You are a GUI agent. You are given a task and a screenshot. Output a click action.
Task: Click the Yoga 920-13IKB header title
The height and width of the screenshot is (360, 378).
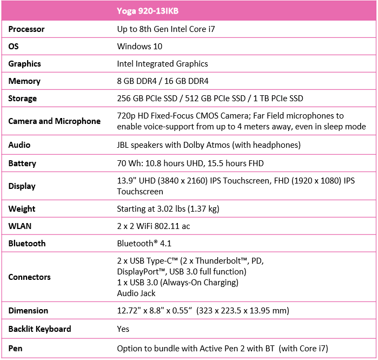[148, 11]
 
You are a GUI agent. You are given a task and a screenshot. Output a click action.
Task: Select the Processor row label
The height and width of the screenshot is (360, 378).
[26, 29]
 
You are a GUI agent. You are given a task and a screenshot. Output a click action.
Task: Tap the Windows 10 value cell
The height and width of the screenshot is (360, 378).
[140, 47]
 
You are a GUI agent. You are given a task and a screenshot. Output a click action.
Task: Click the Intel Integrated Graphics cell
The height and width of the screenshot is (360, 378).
[162, 64]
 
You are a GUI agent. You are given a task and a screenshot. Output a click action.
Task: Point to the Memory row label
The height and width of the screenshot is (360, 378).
[24, 81]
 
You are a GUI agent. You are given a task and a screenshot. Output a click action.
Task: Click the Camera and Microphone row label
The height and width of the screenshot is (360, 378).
[54, 121]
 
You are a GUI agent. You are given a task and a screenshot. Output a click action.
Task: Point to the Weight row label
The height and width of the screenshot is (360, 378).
[22, 209]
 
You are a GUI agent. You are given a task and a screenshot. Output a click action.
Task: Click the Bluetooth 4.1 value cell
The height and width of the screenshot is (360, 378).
[144, 244]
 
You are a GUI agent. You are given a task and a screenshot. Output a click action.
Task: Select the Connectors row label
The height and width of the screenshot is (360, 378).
[29, 277]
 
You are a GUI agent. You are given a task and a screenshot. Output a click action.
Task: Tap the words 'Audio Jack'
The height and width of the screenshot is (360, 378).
[136, 293]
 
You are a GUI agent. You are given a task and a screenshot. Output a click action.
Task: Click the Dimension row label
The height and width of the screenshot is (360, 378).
[28, 311]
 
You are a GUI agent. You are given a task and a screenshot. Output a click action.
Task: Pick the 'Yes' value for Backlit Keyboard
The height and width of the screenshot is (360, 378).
[123, 329]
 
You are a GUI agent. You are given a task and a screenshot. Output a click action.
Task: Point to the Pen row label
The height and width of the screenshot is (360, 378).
[15, 349]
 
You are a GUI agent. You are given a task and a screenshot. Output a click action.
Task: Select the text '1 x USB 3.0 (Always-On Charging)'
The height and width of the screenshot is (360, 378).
[177, 283]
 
